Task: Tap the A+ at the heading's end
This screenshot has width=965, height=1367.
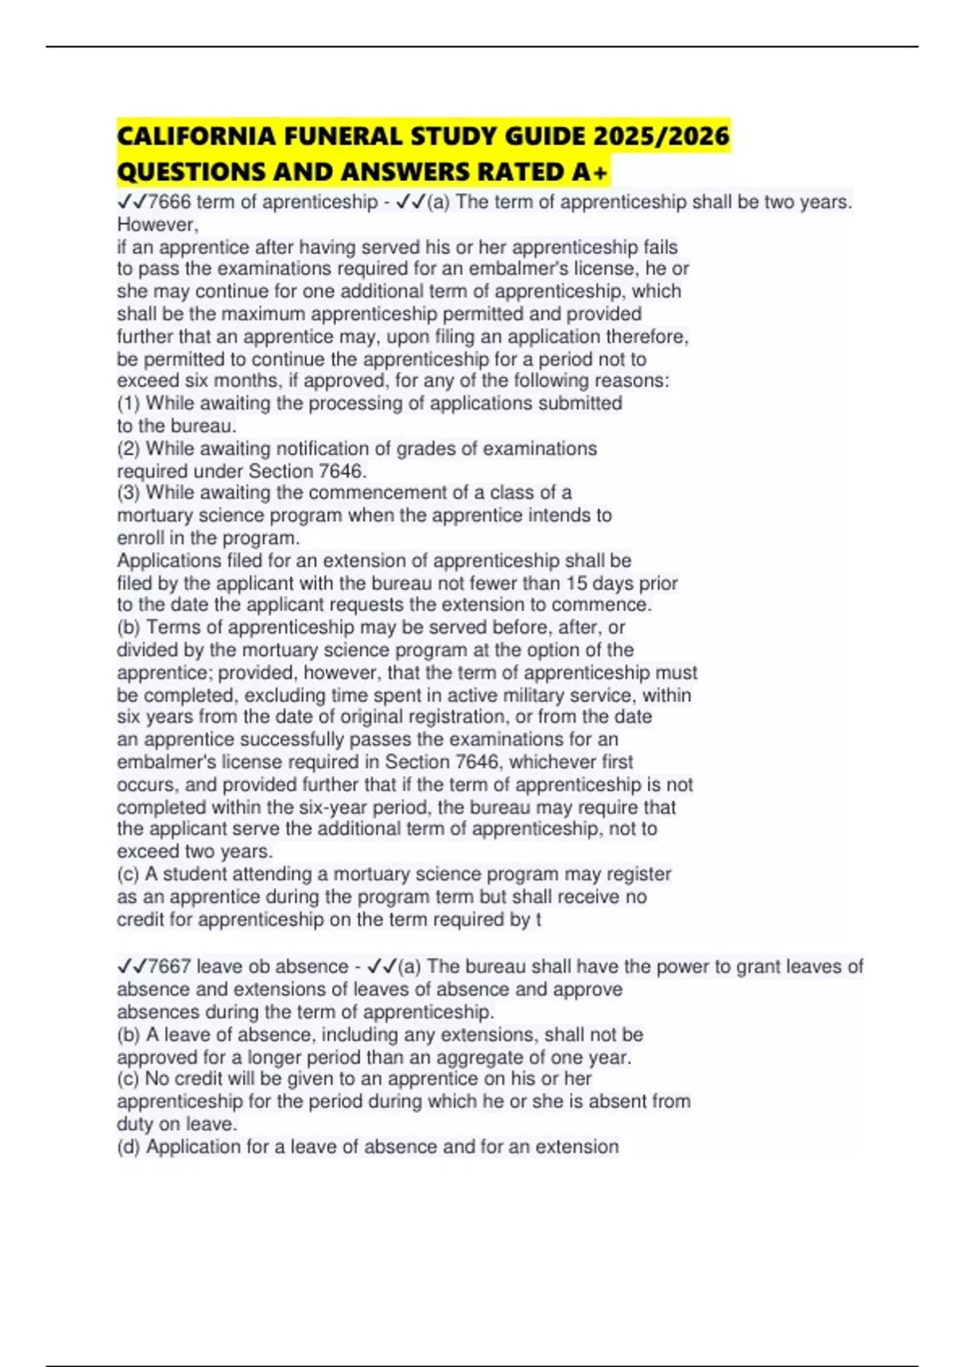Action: [x=596, y=172]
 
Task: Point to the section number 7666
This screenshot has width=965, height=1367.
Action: [x=170, y=202]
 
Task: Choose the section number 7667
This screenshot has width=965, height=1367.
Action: [x=170, y=967]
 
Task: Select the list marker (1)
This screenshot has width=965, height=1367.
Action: [x=129, y=403]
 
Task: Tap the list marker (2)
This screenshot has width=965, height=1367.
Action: [x=129, y=448]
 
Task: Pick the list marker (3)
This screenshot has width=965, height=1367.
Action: [x=129, y=492]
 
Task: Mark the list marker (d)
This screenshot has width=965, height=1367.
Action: [x=129, y=1147]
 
